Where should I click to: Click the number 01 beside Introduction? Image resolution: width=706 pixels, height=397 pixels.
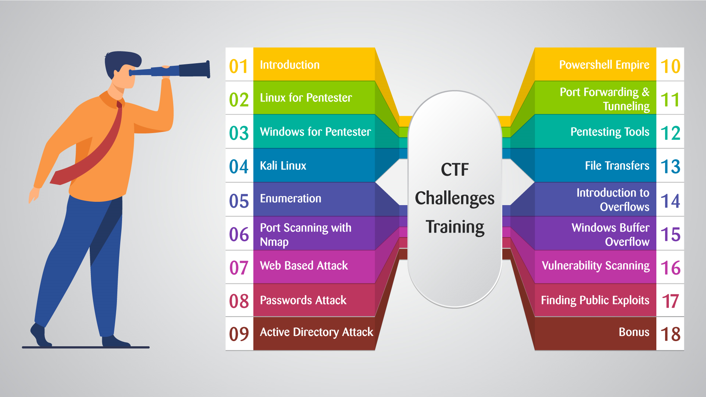239,67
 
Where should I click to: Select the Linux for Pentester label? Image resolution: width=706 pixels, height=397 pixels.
306,98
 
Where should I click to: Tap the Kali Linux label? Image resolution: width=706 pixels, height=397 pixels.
283,166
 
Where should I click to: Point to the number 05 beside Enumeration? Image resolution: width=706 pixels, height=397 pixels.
239,201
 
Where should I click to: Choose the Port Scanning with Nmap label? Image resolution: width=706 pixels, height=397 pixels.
306,235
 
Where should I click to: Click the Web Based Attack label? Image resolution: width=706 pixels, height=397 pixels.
304,265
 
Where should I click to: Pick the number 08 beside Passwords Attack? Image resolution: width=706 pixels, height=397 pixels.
239,301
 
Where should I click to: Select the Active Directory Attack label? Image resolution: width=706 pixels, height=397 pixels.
317,332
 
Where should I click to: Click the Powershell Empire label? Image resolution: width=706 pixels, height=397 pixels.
604,65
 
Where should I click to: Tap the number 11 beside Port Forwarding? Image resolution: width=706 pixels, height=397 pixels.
670,100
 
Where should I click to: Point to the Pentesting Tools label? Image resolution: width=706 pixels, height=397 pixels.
610,132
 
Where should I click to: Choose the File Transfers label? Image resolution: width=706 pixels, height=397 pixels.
617,166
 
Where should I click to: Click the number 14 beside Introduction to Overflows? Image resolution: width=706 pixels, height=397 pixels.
670,201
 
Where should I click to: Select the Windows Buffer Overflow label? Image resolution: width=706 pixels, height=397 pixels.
610,235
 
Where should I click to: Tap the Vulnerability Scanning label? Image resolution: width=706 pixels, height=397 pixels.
596,266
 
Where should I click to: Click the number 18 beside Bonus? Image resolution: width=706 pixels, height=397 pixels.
670,335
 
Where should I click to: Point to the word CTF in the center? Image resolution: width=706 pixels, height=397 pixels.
455,170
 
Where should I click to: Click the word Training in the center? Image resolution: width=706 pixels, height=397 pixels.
455,228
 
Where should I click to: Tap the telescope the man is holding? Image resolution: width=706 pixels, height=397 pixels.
170,70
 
